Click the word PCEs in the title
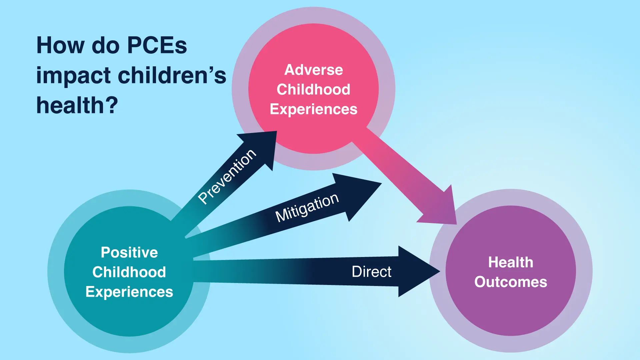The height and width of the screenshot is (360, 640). click(x=157, y=45)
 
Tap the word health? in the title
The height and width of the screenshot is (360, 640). click(x=77, y=105)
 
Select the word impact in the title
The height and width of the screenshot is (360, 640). click(x=74, y=76)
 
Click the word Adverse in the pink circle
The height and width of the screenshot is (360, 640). click(x=313, y=70)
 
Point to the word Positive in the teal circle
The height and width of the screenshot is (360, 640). click(x=129, y=252)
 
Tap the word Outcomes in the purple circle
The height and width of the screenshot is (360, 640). click(x=511, y=282)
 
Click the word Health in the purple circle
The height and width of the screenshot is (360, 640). click(x=511, y=262)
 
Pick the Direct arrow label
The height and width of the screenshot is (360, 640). click(x=371, y=272)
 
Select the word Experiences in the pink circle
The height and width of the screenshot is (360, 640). click(x=313, y=109)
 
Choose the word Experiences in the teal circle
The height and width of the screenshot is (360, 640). click(x=129, y=292)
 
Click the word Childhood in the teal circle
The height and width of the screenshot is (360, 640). click(x=129, y=272)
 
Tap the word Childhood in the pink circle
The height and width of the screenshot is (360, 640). click(x=313, y=89)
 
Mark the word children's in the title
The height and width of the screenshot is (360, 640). click(x=172, y=75)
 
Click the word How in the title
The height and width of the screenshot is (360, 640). click(x=60, y=45)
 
